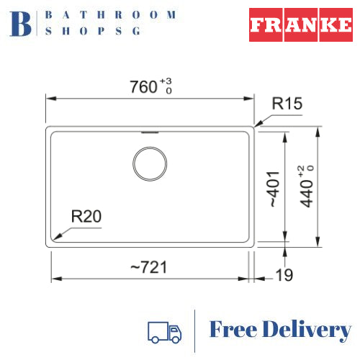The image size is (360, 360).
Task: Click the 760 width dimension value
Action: (143, 87)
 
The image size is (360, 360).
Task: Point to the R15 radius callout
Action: (287, 104)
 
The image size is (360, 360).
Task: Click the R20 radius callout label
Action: (86, 216)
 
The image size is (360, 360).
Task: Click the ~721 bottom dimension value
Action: (148, 267)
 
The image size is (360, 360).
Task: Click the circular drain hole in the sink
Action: (150, 165)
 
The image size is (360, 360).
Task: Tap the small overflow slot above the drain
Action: (150, 132)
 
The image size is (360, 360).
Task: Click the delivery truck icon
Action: (164, 331)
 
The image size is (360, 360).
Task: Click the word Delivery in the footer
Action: (309, 331)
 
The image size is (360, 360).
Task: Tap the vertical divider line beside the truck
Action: (195, 331)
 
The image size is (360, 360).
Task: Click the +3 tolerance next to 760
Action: (166, 83)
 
